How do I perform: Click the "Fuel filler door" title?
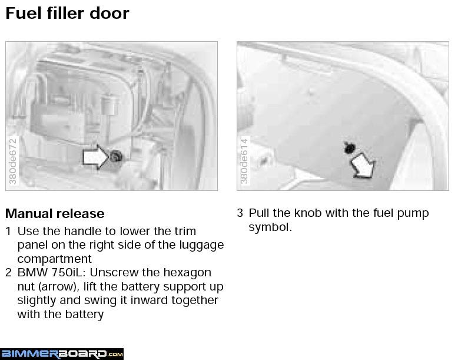(x=67, y=14)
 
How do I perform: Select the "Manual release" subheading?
(x=55, y=213)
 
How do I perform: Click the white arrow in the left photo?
(x=96, y=157)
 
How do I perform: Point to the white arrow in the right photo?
(x=363, y=166)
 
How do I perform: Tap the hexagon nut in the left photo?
(x=117, y=157)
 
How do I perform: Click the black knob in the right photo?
(x=349, y=148)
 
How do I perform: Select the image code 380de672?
(x=13, y=161)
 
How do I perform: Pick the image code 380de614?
(x=244, y=161)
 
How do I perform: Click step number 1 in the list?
(x=8, y=231)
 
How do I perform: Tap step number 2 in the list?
(x=8, y=273)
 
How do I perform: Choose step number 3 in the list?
(x=240, y=213)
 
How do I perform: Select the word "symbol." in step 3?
(x=270, y=227)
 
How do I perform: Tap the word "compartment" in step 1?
(x=54, y=259)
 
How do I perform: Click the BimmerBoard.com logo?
(x=62, y=354)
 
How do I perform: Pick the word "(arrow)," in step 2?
(x=59, y=287)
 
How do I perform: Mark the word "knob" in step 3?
(x=307, y=213)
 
